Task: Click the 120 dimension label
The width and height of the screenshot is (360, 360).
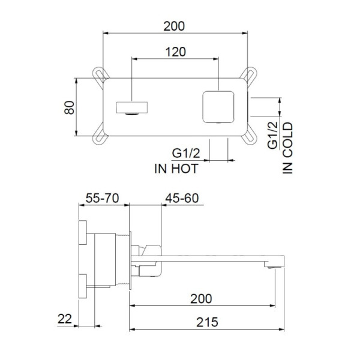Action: click(x=176, y=52)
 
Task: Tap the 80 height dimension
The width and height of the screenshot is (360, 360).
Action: click(x=69, y=107)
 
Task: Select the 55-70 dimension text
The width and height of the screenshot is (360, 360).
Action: click(x=102, y=198)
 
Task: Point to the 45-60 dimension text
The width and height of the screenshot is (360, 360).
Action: click(x=182, y=198)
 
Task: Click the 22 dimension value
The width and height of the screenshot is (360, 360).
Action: click(x=65, y=319)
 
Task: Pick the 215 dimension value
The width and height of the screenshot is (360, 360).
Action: click(x=207, y=322)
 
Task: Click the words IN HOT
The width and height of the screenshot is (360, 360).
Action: click(x=176, y=169)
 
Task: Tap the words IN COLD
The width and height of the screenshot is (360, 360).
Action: click(x=287, y=148)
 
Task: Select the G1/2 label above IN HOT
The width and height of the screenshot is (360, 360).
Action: click(x=186, y=153)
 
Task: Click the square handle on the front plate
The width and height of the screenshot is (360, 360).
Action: click(x=218, y=107)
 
